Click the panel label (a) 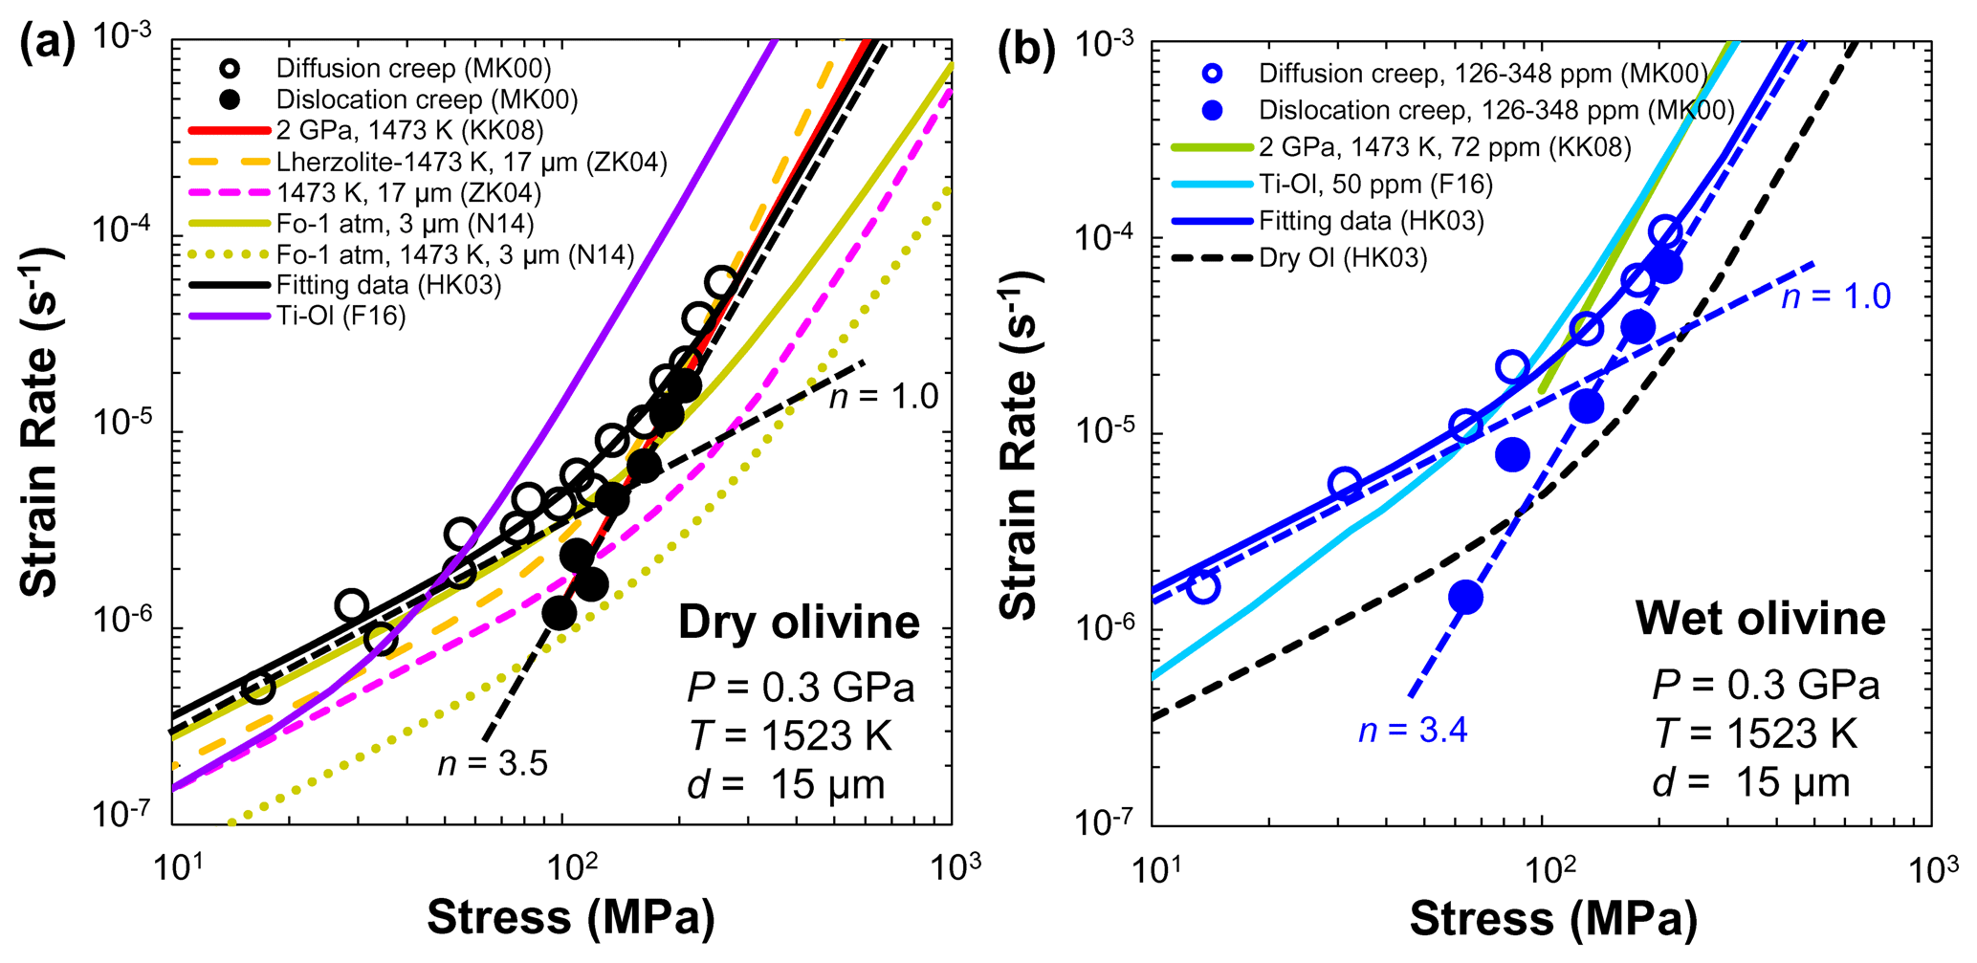point(47,45)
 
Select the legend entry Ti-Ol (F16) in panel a point(340,316)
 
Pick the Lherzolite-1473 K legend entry point(471,162)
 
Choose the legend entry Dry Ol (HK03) point(1343,257)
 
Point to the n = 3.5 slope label point(493,763)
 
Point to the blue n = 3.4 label point(1413,731)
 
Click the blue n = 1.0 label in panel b point(1835,296)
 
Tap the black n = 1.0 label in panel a point(884,395)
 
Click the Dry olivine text point(799,623)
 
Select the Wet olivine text point(1760,618)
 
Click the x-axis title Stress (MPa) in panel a point(570,917)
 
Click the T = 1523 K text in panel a point(789,736)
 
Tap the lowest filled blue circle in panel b point(1465,599)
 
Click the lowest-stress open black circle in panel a point(257,687)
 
